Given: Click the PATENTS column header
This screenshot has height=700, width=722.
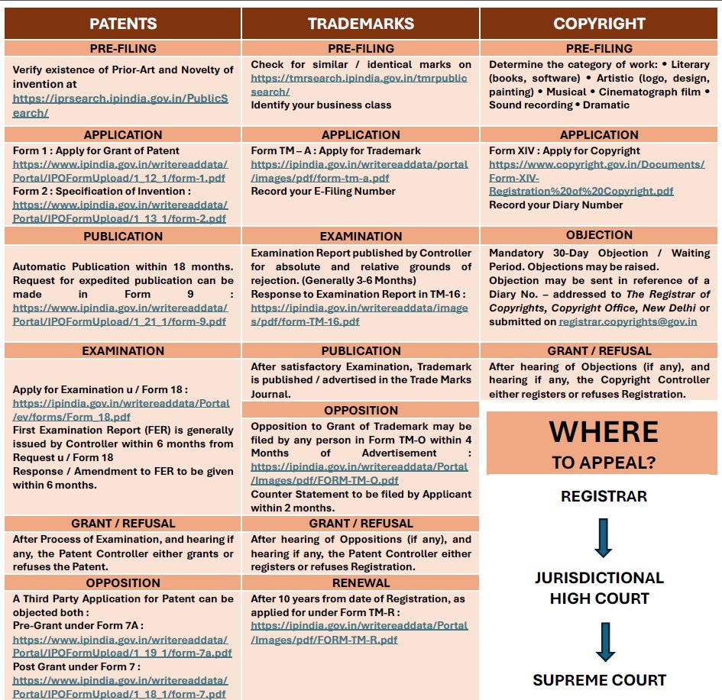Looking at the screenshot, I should [123, 24].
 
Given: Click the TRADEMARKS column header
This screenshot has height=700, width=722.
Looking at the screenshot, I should [361, 24].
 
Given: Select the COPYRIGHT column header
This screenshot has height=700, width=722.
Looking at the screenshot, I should [599, 24].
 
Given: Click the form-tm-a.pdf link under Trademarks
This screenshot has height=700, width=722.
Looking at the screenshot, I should [359, 170].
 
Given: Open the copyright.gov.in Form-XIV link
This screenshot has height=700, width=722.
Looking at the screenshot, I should [597, 177].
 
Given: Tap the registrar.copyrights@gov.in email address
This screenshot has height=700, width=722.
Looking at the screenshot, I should [628, 321].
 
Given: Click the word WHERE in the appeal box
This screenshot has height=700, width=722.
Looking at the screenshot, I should [604, 432].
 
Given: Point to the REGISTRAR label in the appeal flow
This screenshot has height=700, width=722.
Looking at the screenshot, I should [604, 497].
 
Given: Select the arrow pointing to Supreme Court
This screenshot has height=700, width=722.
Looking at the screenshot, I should [605, 641].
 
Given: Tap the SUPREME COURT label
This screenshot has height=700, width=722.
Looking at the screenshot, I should [600, 680].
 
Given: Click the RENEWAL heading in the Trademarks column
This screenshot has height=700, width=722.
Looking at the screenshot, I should [361, 583].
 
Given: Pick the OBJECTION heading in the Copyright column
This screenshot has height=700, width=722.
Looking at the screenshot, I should [599, 235].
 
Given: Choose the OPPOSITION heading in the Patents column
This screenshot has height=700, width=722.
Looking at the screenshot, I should [123, 583].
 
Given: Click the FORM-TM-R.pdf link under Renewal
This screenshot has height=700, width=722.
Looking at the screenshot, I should [359, 632].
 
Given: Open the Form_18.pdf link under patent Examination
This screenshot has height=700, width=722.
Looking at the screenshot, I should [121, 409].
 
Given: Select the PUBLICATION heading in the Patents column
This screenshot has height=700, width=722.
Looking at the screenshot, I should [123, 236].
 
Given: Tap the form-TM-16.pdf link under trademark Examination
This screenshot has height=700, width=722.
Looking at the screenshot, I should [359, 315].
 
